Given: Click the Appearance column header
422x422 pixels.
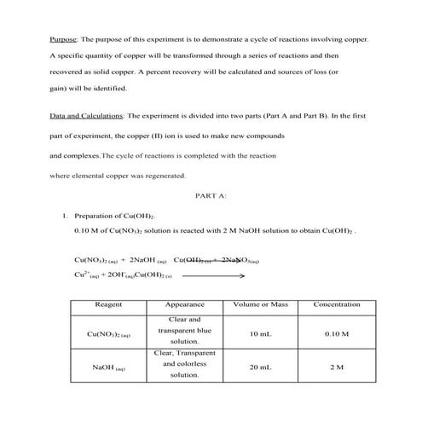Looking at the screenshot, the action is click(184, 303).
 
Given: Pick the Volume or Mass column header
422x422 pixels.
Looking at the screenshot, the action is click(261, 303).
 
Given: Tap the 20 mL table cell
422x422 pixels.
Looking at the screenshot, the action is click(261, 367).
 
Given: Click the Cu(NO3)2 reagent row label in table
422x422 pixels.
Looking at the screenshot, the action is click(108, 335).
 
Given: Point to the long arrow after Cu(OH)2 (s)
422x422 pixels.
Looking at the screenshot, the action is click(219, 276).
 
